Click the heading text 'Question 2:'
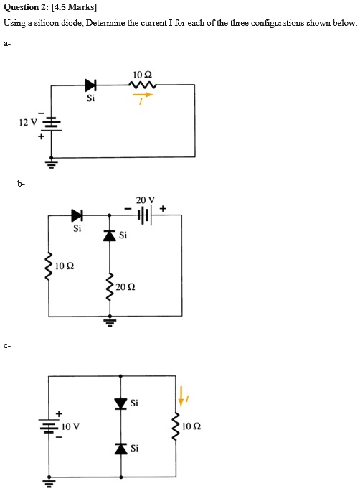pos(26,7)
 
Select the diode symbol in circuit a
pos(90,85)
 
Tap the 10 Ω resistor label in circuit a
pos(142,75)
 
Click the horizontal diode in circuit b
pos(77,214)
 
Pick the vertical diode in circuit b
pos(109,234)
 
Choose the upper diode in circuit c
pos(121,403)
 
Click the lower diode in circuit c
pos(121,449)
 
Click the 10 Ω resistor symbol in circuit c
pos(174,426)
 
